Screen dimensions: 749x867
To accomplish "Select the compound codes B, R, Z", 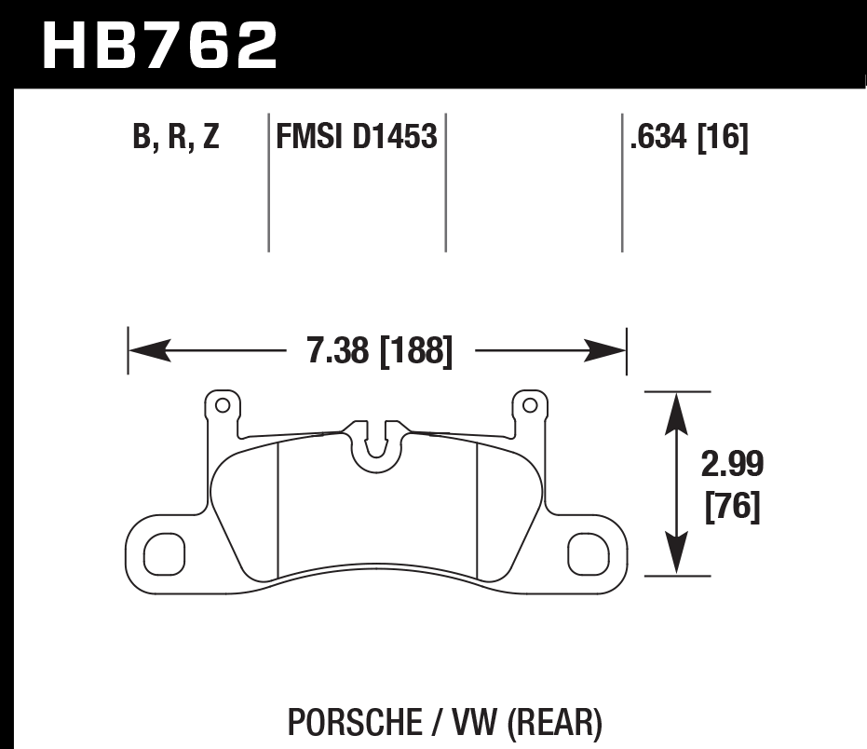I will pos(177,138).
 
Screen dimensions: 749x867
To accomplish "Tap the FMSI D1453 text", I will pos(356,138).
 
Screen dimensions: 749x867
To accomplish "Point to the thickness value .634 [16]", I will pos(689,138).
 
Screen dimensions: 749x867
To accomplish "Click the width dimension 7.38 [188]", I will pos(379,352).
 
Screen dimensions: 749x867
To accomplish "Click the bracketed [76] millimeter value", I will pos(733,508).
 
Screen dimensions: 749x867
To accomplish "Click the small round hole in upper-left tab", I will pos(222,405).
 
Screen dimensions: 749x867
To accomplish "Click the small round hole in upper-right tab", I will pos(530,405).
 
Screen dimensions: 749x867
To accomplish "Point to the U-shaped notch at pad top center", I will pos(376,442).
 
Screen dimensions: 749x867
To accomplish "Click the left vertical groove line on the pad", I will pos(279,508).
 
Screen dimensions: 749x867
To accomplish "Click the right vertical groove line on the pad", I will pos(477,508).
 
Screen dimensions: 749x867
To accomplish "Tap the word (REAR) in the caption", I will pos(557,722).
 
